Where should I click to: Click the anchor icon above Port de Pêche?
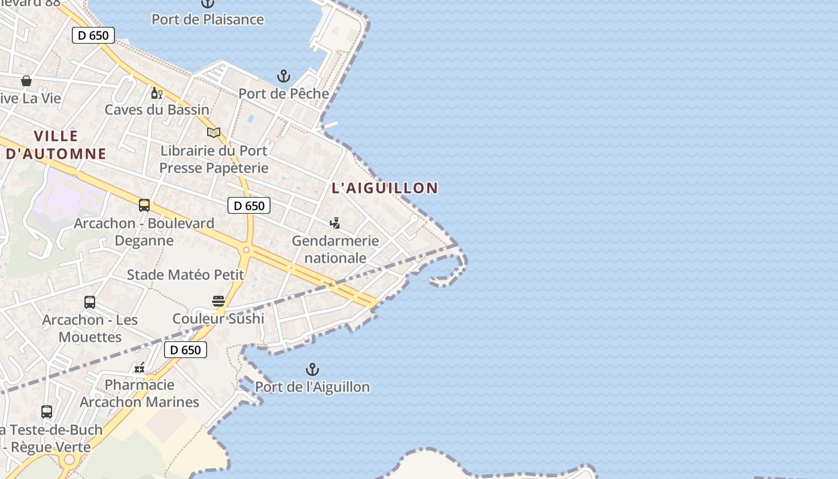(283, 76)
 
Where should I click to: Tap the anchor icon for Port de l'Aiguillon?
(312, 369)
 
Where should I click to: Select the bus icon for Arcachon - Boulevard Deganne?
(144, 205)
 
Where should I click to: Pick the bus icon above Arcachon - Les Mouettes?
(90, 302)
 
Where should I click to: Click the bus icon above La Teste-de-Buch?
(47, 412)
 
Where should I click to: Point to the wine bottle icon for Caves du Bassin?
(157, 93)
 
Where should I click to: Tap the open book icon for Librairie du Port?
(214, 132)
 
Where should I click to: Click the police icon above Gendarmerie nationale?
(335, 223)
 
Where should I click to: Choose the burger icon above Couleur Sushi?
(218, 301)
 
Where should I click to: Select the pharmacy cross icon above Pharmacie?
(139, 368)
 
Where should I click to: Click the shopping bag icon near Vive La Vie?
(26, 80)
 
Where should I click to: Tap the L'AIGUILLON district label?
(385, 188)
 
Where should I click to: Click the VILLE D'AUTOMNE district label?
(56, 145)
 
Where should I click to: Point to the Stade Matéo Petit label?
(186, 275)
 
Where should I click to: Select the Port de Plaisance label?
(208, 19)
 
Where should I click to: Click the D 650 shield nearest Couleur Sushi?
(186, 350)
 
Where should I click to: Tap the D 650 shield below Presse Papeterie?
(249, 206)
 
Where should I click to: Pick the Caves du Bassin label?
(157, 110)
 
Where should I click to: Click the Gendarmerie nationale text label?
(335, 249)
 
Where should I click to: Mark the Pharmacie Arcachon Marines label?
(139, 393)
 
